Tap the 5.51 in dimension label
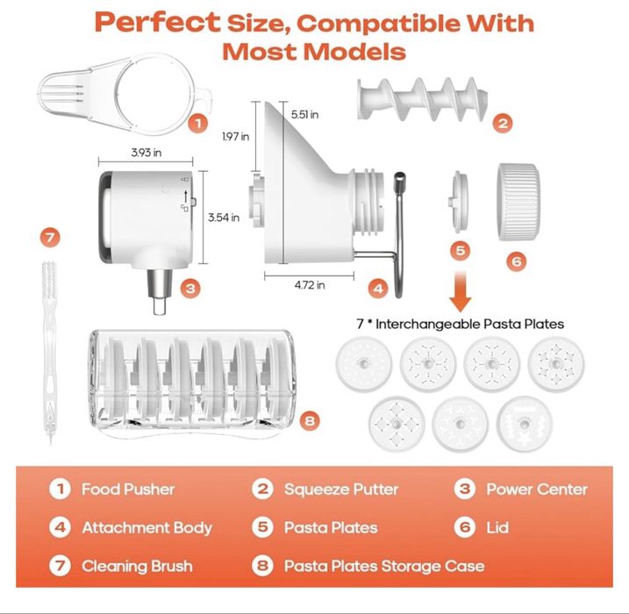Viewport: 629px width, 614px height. coord(304,114)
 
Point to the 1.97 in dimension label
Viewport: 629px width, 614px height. coord(234,136)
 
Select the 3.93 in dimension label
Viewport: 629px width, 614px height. coord(145,153)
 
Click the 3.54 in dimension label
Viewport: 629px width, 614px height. coord(223,218)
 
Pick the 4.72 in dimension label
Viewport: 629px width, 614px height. coord(309,284)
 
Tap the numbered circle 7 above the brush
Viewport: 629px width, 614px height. coord(52,237)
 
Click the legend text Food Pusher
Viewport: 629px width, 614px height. coord(128,489)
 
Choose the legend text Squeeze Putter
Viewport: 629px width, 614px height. coord(341,489)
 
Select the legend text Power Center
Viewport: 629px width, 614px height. coord(537,489)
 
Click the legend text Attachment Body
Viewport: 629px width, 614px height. coord(147,527)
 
